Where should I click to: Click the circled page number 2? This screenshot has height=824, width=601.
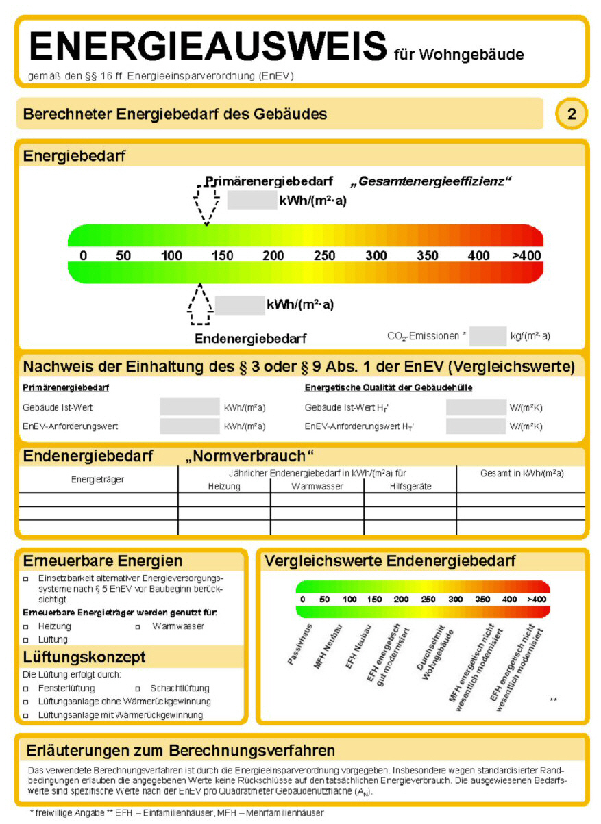click(x=572, y=114)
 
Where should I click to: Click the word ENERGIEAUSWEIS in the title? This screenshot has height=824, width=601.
click(x=208, y=46)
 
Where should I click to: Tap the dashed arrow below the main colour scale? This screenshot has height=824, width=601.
click(x=199, y=305)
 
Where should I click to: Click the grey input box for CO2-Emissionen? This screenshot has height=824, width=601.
click(x=487, y=336)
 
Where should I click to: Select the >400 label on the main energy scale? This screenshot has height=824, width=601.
click(x=526, y=256)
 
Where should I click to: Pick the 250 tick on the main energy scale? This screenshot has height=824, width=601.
click(x=324, y=256)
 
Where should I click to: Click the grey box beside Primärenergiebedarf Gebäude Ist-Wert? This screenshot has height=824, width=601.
click(x=190, y=407)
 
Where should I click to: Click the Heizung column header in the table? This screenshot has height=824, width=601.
click(x=224, y=487)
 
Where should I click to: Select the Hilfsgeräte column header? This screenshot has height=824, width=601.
click(x=410, y=487)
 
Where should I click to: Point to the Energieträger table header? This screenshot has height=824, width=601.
click(x=98, y=480)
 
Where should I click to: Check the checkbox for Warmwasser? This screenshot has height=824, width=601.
click(x=137, y=626)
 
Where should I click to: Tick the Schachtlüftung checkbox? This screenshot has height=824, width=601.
click(x=137, y=688)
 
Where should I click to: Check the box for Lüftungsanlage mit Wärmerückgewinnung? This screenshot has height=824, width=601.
click(x=26, y=715)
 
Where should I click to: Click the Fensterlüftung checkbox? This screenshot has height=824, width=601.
click(x=26, y=688)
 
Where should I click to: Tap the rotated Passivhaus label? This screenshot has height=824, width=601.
click(x=300, y=644)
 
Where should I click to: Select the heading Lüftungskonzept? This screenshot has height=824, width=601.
click(x=84, y=658)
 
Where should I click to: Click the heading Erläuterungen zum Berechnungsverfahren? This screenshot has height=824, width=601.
click(x=179, y=750)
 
